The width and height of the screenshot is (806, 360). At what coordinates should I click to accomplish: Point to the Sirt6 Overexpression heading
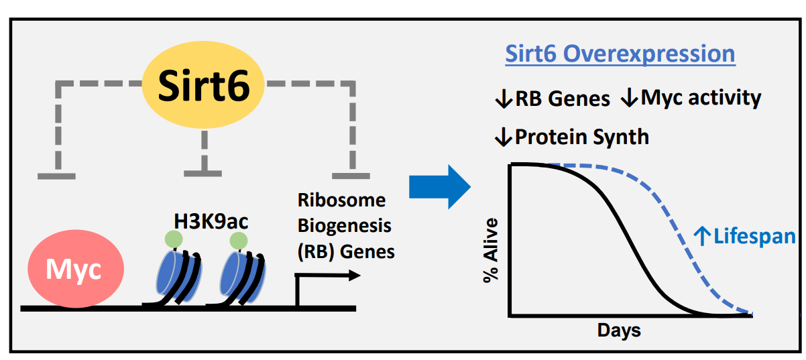pos(620,54)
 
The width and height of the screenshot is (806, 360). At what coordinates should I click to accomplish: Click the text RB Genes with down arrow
pos(552,99)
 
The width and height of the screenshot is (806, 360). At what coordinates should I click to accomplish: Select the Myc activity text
pos(691,98)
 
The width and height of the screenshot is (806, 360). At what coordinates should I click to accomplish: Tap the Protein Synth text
pos(572,137)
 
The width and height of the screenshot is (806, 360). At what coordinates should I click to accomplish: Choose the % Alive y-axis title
pos(492,249)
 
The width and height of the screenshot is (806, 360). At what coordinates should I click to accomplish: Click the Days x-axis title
pos(619,331)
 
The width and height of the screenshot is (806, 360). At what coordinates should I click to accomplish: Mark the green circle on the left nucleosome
pos(174,239)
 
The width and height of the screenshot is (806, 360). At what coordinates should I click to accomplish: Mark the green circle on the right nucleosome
pos(238,239)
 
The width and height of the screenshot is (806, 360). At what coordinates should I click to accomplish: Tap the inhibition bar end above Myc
pos(56,176)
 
